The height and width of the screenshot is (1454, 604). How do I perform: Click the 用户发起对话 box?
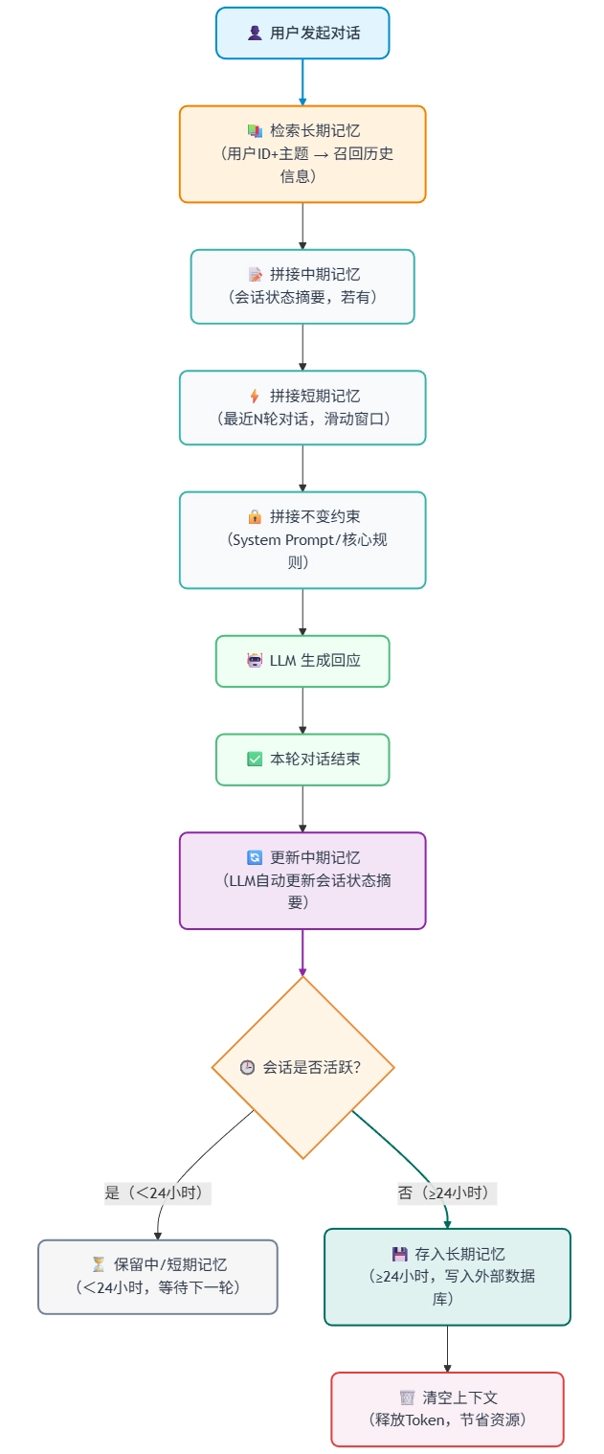click(x=302, y=33)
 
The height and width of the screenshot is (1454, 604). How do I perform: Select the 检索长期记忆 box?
click(x=302, y=153)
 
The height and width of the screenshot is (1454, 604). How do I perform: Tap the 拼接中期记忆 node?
click(x=302, y=285)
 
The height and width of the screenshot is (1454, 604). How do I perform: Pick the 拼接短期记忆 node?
click(x=302, y=407)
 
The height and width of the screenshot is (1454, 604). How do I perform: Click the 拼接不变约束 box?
click(x=302, y=539)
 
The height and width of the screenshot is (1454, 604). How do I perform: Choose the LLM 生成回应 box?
click(x=302, y=660)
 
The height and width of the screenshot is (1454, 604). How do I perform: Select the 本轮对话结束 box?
click(x=302, y=759)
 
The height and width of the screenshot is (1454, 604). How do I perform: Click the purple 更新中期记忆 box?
click(x=302, y=879)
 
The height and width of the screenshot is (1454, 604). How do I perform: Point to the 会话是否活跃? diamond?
click(x=302, y=1066)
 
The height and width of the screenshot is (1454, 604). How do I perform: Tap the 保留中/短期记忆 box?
click(x=158, y=1276)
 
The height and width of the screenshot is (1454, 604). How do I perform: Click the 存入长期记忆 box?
click(x=447, y=1276)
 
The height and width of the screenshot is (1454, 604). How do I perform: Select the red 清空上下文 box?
click(x=447, y=1408)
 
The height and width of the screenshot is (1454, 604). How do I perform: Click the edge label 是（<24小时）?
click(x=157, y=1193)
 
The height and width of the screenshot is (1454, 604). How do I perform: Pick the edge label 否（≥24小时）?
click(x=447, y=1193)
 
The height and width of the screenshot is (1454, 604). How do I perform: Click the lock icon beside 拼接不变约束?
click(x=255, y=517)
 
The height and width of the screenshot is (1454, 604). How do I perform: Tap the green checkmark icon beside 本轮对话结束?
click(x=255, y=759)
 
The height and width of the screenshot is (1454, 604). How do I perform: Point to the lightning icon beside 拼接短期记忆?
click(x=255, y=396)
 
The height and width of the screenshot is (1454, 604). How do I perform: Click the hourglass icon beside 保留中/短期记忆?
click(x=99, y=1264)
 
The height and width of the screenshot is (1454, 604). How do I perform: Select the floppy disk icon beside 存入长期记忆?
click(x=400, y=1254)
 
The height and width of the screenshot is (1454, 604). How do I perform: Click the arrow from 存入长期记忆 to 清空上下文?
click(x=447, y=1349)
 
